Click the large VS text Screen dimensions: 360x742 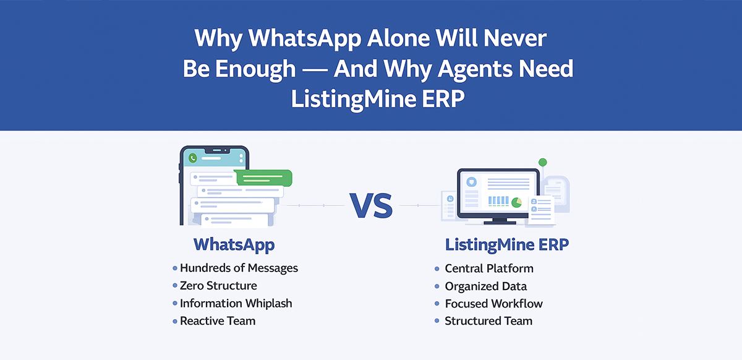(x=371, y=206)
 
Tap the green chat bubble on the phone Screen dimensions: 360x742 (x=263, y=178)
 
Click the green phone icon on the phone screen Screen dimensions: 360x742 (x=193, y=158)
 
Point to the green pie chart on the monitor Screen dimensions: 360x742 (x=516, y=202)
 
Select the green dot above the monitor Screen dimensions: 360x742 (x=542, y=162)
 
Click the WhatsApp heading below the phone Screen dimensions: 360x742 (x=234, y=244)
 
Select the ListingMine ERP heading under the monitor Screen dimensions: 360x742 (x=507, y=245)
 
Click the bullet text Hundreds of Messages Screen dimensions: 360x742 (x=239, y=268)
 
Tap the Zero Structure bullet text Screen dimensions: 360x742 (x=218, y=286)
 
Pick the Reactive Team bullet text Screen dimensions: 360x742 (x=217, y=321)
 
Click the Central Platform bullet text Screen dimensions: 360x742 (x=488, y=268)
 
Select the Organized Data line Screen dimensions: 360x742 (x=485, y=286)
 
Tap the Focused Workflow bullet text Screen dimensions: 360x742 (x=493, y=304)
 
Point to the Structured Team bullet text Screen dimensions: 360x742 (x=488, y=321)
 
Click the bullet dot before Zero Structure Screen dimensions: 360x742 (x=174, y=286)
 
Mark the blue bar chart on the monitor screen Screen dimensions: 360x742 (x=499, y=202)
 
